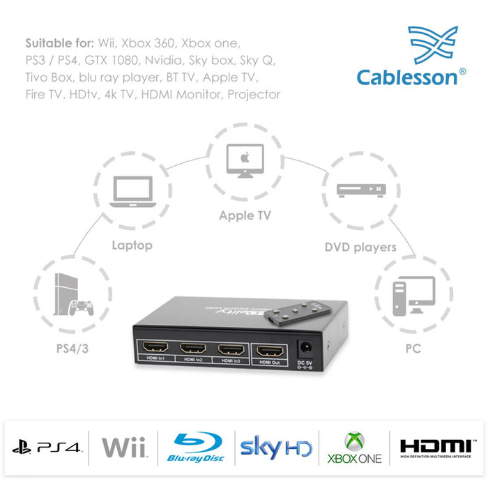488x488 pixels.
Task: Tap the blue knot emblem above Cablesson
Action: click(x=432, y=45)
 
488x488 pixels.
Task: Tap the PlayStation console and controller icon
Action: click(x=73, y=296)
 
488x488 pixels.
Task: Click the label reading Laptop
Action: click(x=132, y=245)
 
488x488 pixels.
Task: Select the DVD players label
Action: click(x=360, y=247)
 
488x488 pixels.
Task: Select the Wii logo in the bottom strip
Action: click(x=123, y=447)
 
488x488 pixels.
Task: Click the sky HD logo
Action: click(x=275, y=447)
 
